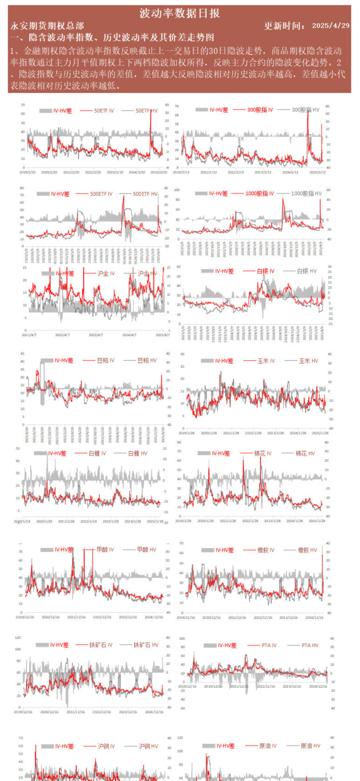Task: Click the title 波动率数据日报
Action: (180, 13)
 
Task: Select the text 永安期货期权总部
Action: (47, 26)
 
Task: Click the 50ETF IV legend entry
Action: (104, 111)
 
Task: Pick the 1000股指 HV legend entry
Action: (306, 193)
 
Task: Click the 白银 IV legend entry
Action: (265, 271)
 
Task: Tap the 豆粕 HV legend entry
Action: (147, 360)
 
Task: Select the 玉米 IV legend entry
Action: (266, 361)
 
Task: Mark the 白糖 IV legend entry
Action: (97, 453)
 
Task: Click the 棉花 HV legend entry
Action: (305, 453)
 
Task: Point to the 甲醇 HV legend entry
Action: (146, 549)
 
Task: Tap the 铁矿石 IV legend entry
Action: (100, 645)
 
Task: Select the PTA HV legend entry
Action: (309, 645)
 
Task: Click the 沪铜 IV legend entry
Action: (106, 746)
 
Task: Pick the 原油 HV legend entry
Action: (310, 746)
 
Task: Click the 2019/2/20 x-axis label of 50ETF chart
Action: (28, 172)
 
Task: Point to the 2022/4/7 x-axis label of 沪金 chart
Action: (62, 335)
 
